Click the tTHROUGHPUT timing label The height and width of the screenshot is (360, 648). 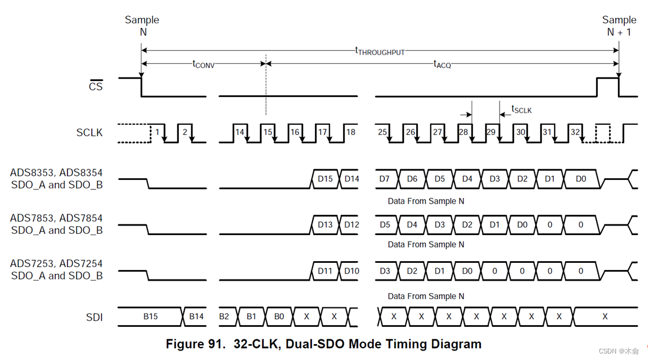click(380, 52)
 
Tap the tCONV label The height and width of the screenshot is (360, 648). click(203, 64)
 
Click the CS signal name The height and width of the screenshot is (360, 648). click(95, 87)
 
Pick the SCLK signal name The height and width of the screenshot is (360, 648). click(89, 133)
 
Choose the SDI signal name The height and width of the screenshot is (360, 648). click(94, 317)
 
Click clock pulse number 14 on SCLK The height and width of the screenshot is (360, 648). click(240, 132)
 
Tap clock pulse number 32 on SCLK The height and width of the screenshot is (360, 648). click(575, 132)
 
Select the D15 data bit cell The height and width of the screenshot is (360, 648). click(325, 179)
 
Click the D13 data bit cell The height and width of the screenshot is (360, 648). click(325, 224)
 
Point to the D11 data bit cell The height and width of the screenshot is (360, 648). click(325, 271)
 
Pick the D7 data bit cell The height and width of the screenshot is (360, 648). click(385, 179)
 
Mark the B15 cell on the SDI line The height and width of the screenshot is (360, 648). click(150, 317)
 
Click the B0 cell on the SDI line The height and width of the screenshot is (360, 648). click(279, 317)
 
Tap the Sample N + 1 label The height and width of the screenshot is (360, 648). click(619, 26)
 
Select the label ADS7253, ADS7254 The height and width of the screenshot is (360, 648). click(56, 263)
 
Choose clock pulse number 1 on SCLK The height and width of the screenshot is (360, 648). click(157, 132)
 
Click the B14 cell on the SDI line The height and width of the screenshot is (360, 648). click(196, 317)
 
